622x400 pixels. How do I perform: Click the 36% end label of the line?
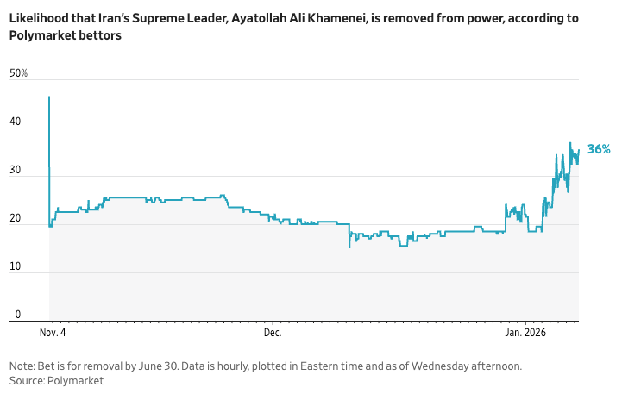[x=599, y=149]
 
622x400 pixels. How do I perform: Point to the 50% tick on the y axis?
[x=18, y=74]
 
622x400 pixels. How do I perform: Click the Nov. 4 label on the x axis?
[x=53, y=333]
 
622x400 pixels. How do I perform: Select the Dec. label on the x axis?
[x=273, y=333]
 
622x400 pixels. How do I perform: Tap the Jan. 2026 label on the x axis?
[x=525, y=333]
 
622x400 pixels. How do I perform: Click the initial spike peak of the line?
[x=49, y=97]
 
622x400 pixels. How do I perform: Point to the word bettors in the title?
[x=103, y=35]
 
